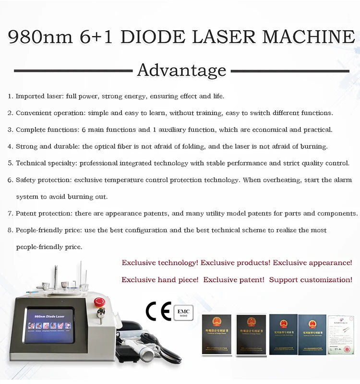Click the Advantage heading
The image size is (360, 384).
click(x=181, y=71)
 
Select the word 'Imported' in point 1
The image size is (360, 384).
click(x=30, y=96)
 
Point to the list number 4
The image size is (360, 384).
click(x=10, y=146)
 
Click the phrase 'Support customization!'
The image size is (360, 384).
click(x=311, y=279)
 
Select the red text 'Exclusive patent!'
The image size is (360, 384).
click(x=233, y=279)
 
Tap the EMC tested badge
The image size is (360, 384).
click(x=183, y=312)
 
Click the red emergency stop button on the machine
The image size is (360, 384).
click(x=99, y=302)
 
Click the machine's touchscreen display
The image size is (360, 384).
click(x=49, y=326)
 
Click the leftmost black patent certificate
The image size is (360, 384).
click(x=216, y=334)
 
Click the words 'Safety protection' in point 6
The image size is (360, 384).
click(x=41, y=180)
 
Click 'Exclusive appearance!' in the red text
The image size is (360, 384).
click(x=312, y=263)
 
